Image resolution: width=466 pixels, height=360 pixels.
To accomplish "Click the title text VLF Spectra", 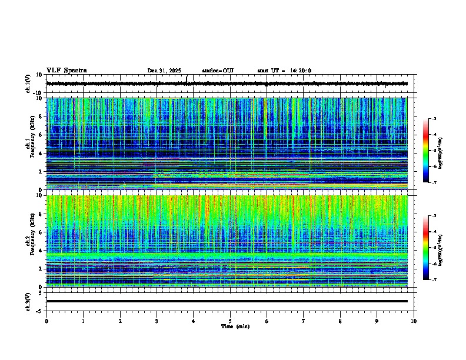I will tap(66, 71).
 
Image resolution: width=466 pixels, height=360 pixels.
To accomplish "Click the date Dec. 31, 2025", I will tap(164, 71).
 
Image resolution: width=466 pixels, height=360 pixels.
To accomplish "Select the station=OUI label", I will tap(218, 71).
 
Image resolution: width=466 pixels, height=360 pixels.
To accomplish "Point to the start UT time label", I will tap(284, 71).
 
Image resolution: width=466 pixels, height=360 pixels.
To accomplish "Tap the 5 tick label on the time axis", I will tap(230, 321).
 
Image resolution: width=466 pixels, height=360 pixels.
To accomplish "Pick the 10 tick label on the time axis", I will tap(414, 321).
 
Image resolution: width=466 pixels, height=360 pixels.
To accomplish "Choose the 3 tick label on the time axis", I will tap(157, 321).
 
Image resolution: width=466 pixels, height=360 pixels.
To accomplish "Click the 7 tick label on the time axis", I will tap(304, 321).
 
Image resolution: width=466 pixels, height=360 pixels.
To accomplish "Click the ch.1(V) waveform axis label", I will tap(28, 84).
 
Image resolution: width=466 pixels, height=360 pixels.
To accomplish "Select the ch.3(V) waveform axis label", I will tap(28, 301).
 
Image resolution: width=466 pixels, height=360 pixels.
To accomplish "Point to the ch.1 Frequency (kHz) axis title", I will tap(30, 144).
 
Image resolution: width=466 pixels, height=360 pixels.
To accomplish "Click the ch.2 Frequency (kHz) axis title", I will tap(30, 241).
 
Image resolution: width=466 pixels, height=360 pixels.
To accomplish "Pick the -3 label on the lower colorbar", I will tap(434, 216).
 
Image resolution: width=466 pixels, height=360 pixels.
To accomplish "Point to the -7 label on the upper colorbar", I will tap(434, 183).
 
